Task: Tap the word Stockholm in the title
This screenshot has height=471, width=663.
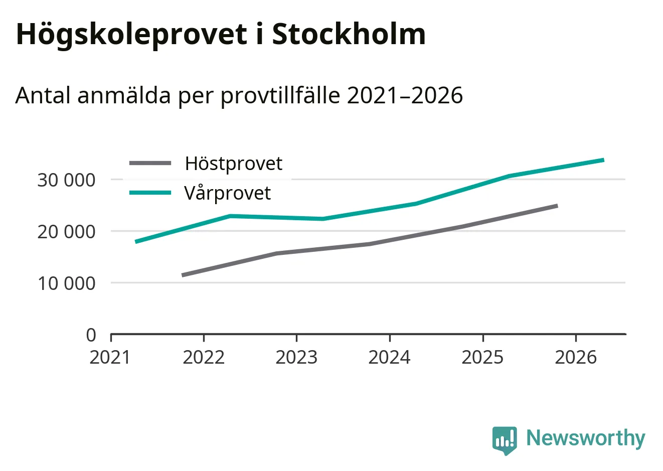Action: (x=349, y=34)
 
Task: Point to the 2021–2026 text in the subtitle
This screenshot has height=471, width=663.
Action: (x=405, y=95)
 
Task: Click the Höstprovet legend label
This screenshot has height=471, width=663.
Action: (x=233, y=164)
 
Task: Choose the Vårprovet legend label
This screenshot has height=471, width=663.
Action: (x=227, y=193)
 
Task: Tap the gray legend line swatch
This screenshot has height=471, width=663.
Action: (x=150, y=163)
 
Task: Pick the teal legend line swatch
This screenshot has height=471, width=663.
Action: (x=150, y=193)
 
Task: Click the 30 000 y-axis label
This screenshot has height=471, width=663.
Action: (x=66, y=180)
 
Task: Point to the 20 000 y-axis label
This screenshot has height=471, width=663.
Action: (x=66, y=232)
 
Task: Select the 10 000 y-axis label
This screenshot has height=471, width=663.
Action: (x=66, y=283)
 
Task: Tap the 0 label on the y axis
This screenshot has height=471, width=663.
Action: (x=91, y=335)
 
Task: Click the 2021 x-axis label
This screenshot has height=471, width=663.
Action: (x=110, y=358)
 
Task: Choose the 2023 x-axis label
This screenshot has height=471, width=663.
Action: (x=296, y=358)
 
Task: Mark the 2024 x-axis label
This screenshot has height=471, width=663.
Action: (x=389, y=358)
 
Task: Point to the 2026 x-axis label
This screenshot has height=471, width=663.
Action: (x=576, y=358)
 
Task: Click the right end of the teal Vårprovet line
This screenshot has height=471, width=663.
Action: (x=603, y=160)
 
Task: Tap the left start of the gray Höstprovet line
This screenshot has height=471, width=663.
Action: (x=183, y=275)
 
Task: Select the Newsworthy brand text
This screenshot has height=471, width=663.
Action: (x=585, y=438)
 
